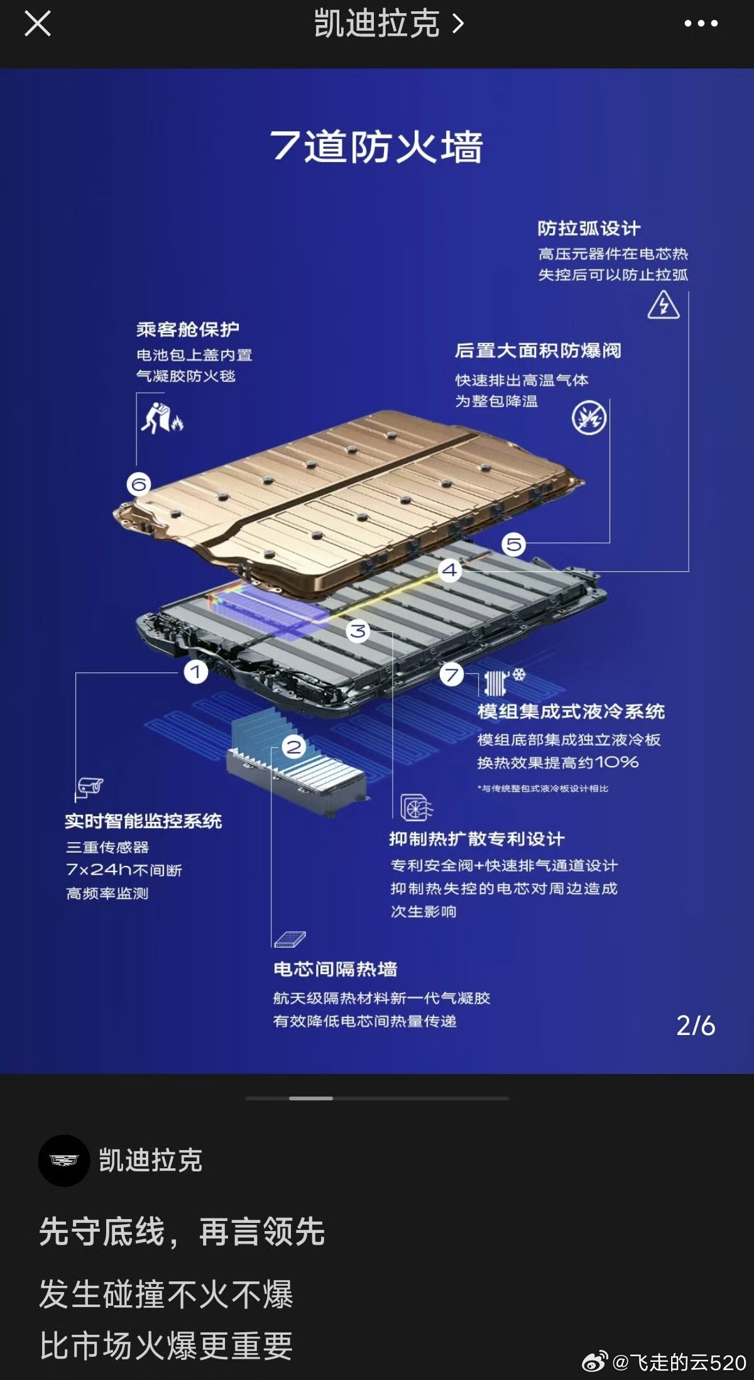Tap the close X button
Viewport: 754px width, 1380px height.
(37, 24)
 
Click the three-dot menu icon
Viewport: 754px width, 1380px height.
(701, 24)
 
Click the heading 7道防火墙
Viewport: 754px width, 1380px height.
(376, 146)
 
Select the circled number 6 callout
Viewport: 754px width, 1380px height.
(139, 484)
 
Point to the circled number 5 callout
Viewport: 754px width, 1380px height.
(514, 544)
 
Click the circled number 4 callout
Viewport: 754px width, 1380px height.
(449, 570)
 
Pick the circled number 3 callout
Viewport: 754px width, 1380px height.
(358, 630)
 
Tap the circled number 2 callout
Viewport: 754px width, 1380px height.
(294, 747)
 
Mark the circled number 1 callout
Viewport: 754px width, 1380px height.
(195, 671)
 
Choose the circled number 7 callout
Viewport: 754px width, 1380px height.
(451, 675)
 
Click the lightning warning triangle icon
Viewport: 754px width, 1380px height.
(664, 305)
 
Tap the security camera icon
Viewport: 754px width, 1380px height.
(90, 786)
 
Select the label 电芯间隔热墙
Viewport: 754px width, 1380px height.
(336, 968)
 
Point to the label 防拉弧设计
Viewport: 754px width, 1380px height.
(589, 228)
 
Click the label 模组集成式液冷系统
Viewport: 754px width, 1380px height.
(571, 711)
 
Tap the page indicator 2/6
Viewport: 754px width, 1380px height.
(696, 1026)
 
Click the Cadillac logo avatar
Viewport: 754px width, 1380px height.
(64, 1161)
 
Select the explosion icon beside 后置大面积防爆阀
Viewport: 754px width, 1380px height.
(589, 418)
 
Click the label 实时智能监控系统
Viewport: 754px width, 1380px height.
(143, 821)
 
